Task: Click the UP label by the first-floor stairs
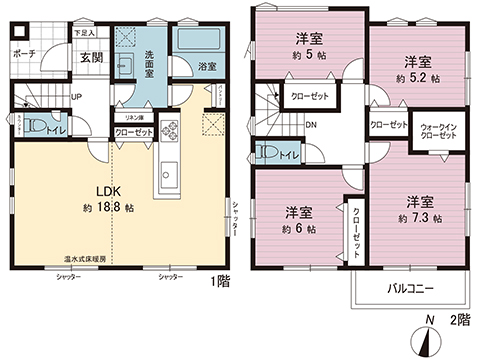click(x=77, y=97)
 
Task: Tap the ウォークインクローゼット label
click(x=440, y=132)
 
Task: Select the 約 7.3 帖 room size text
click(x=418, y=218)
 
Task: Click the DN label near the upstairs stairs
click(x=311, y=125)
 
